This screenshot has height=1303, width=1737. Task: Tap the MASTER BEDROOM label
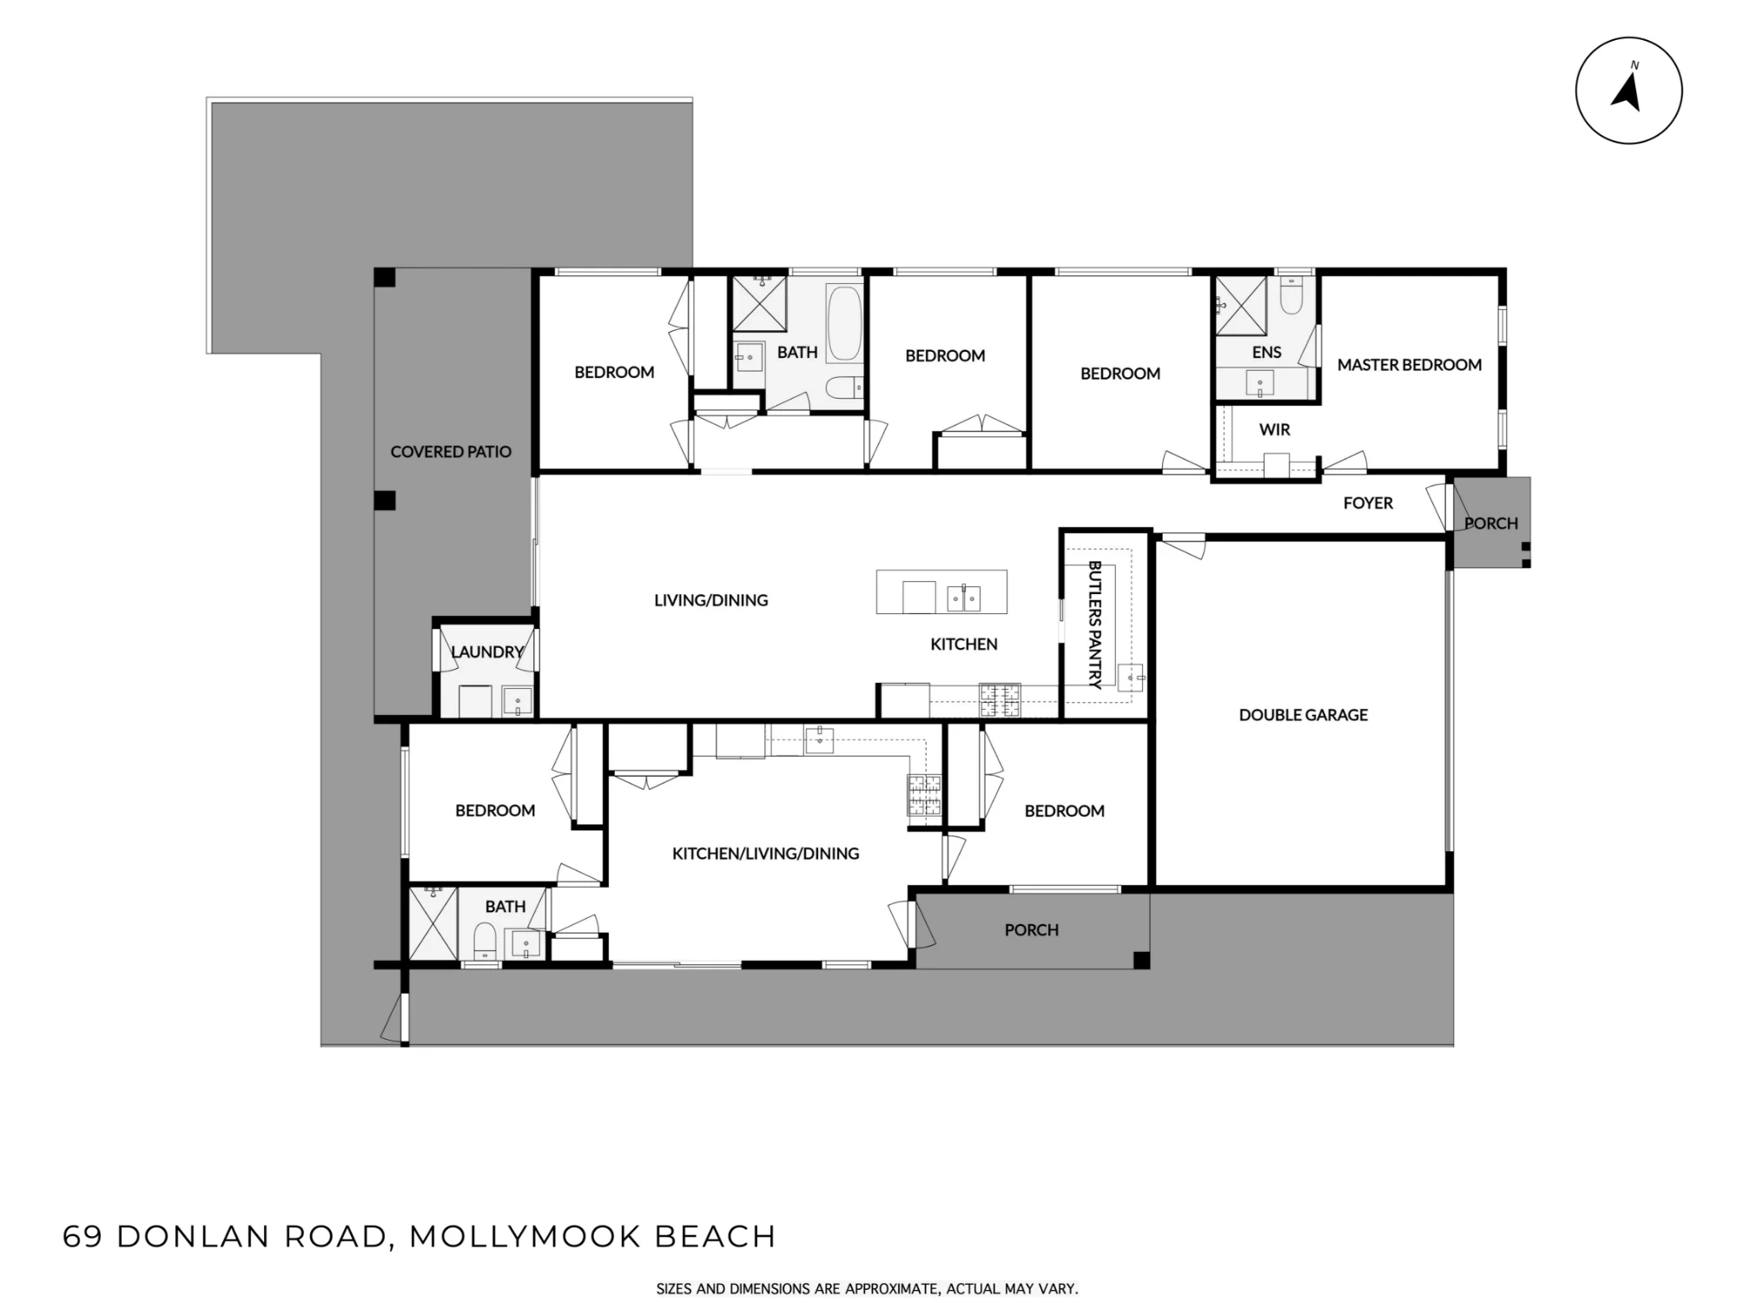[1409, 365]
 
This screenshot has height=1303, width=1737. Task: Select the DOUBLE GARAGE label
[1303, 715]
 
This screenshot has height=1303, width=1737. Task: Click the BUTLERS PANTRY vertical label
[1095, 625]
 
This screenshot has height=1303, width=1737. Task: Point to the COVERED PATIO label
[451, 452]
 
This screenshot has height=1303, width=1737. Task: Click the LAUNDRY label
[487, 651]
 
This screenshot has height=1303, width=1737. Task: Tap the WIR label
[1274, 429]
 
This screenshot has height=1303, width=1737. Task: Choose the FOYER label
[1368, 503]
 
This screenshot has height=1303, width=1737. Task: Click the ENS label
[1266, 352]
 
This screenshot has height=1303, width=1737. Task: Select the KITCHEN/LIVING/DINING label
[765, 854]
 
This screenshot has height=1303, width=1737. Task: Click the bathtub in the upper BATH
[843, 322]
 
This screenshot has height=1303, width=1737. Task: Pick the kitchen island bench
[941, 592]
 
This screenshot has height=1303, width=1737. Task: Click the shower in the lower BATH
[433, 923]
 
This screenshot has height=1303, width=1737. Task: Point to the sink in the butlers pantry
[1131, 676]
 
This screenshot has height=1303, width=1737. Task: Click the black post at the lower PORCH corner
[1141, 960]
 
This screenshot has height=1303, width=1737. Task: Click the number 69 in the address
[83, 1236]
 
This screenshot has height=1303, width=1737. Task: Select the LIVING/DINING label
[711, 600]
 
